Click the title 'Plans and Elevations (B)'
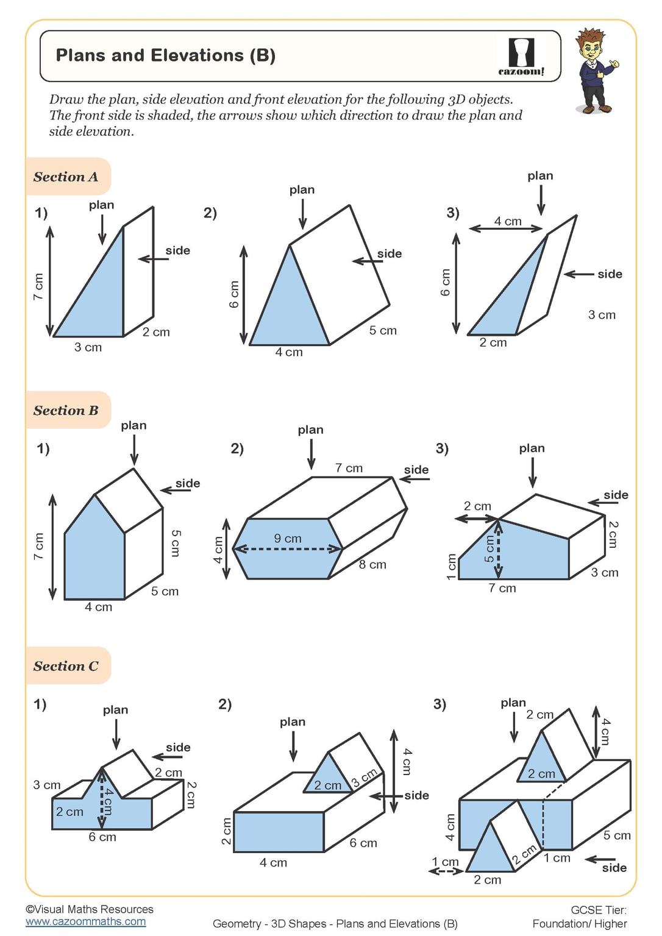(165, 55)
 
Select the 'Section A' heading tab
(66, 177)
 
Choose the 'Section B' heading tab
(66, 410)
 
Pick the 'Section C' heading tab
(66, 666)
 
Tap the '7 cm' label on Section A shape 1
(38, 286)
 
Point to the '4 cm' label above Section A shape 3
(507, 221)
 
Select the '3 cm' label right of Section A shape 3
(602, 315)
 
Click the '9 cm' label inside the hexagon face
(287, 539)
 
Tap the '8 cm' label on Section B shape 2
(372, 564)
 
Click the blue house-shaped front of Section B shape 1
(94, 558)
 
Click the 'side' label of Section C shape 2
(416, 795)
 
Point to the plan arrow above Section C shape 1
(116, 734)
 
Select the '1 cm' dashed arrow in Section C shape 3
(445, 871)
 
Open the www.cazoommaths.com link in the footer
(85, 921)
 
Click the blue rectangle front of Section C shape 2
(279, 832)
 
